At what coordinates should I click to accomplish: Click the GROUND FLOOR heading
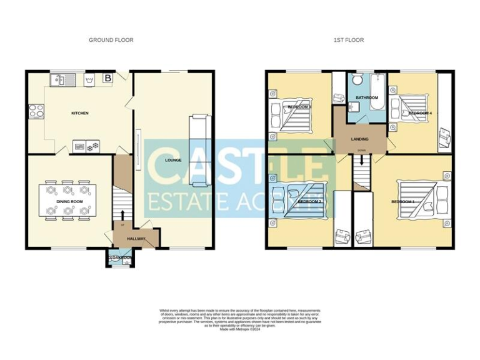(111, 40)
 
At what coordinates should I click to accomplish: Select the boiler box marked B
(107, 79)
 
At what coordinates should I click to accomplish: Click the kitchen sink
(63, 79)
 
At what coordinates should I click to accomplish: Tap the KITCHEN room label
(79, 113)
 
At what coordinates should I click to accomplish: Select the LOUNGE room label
(173, 160)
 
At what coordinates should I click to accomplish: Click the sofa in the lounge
(199, 150)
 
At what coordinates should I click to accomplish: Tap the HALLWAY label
(136, 238)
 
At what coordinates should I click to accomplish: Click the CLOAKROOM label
(119, 257)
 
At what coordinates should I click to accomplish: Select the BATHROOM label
(367, 98)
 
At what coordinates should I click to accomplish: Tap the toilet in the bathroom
(357, 80)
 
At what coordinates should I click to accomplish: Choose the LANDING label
(360, 139)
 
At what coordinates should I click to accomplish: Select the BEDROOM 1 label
(403, 202)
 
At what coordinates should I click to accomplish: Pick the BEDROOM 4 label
(419, 113)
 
